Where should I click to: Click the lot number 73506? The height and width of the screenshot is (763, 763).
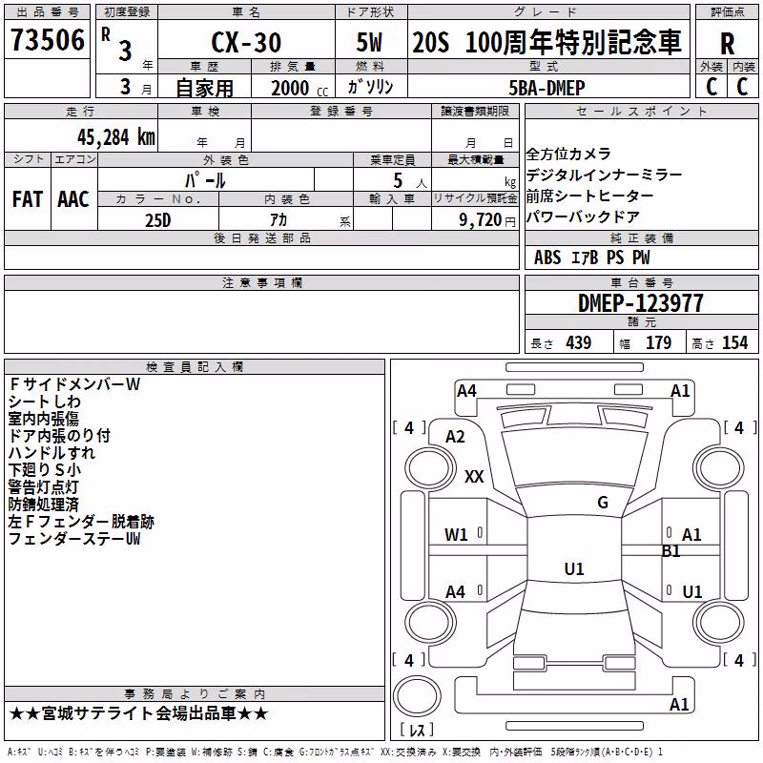click(x=48, y=40)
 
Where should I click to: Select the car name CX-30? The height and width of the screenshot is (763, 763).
click(x=246, y=42)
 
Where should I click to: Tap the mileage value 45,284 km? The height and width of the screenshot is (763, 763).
click(x=116, y=137)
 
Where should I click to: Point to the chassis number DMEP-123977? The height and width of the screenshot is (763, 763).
click(x=640, y=303)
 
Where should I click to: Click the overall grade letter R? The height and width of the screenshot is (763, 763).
click(x=727, y=44)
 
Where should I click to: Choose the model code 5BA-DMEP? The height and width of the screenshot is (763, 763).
click(x=546, y=88)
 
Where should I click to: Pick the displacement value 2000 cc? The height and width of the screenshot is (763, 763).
click(x=299, y=88)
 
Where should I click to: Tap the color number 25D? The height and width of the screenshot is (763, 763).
click(x=158, y=220)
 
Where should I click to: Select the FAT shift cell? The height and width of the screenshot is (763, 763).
click(x=28, y=199)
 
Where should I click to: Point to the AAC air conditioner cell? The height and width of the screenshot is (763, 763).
click(x=73, y=199)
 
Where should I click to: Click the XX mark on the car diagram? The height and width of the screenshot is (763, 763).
click(x=474, y=476)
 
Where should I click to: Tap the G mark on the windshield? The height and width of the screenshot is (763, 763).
click(x=603, y=503)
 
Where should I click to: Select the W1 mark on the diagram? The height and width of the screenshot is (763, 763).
click(x=456, y=535)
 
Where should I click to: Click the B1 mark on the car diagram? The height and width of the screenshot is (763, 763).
click(x=671, y=551)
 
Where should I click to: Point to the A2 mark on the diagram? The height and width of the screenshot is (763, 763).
click(x=456, y=437)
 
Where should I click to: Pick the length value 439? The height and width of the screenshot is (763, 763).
click(x=579, y=342)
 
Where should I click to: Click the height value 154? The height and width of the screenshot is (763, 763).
click(x=734, y=342)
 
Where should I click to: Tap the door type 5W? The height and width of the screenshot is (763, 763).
click(x=369, y=42)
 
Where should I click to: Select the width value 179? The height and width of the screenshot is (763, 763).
click(x=658, y=342)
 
